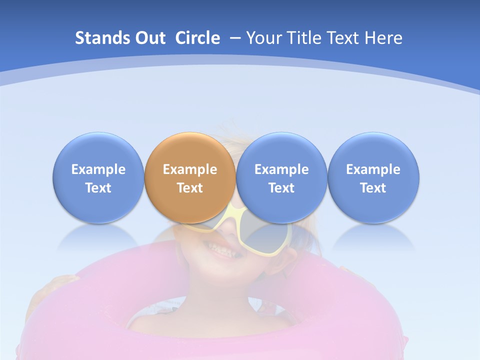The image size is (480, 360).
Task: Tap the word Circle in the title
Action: pos(197,38)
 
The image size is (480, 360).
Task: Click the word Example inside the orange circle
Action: pos(190,169)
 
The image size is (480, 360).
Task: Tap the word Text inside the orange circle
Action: pos(190,188)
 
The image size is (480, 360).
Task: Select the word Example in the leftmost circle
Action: pos(98,169)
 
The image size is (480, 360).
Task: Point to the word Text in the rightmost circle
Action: pos(373,188)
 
